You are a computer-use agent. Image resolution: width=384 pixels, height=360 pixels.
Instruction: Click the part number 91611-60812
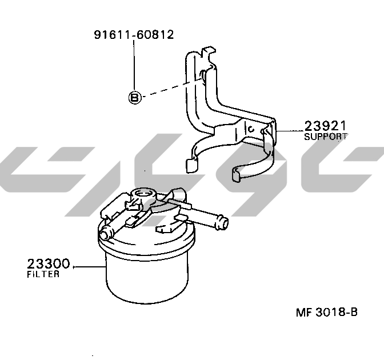(x=134, y=34)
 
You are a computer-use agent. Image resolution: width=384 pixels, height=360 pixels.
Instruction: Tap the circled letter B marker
(x=135, y=98)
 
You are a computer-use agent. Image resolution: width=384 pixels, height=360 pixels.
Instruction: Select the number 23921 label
(x=325, y=126)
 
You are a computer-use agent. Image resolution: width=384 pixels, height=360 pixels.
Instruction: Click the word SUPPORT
(x=326, y=137)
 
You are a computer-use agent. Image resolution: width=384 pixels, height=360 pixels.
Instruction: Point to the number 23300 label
(x=48, y=264)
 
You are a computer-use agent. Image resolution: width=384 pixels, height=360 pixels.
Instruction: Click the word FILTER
(x=43, y=274)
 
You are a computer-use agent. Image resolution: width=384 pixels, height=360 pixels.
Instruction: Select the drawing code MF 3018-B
(x=327, y=312)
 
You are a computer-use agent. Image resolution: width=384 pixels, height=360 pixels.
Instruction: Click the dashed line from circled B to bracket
(x=173, y=89)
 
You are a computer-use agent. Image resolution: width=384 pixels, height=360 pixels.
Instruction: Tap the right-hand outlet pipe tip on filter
(x=223, y=222)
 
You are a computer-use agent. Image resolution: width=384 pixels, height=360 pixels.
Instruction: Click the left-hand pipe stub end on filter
(x=104, y=235)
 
